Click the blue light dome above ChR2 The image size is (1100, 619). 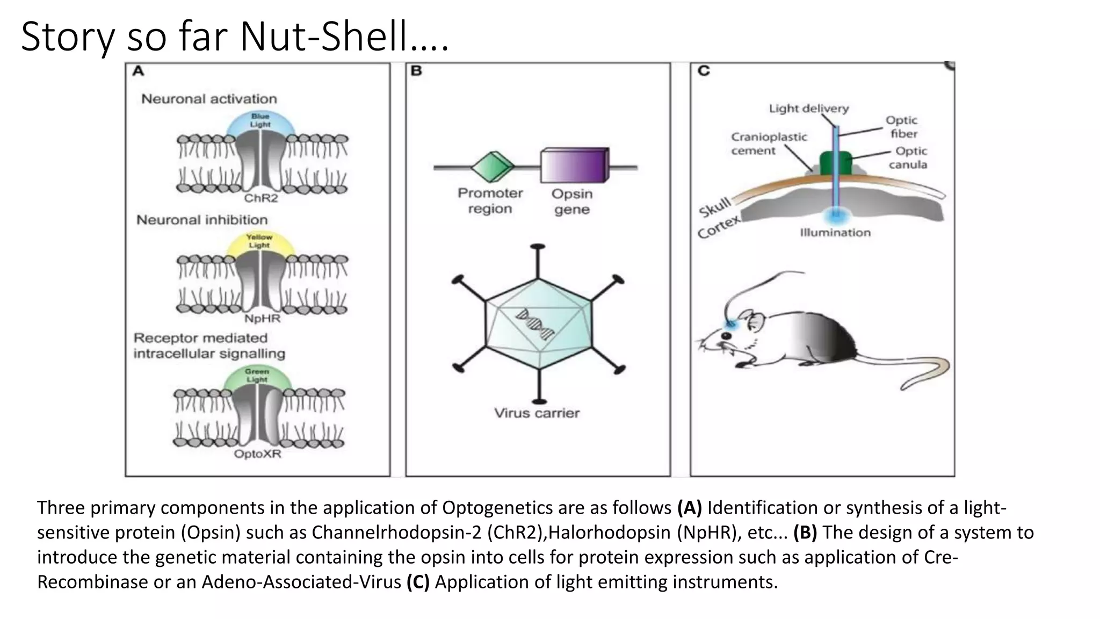coord(260,121)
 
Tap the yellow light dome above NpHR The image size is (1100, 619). coord(260,242)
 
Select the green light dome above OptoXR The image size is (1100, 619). coord(257,377)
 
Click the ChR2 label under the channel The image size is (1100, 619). coord(261,198)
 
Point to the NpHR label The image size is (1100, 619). coord(262,319)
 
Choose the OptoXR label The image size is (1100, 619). coord(257,454)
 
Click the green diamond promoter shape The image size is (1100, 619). coord(492,167)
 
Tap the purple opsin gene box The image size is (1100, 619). coord(574,167)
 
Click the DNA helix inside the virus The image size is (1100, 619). coord(535,325)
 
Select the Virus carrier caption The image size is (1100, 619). coord(537,413)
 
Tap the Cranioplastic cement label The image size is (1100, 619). coord(768,144)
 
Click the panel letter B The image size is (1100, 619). coord(416,71)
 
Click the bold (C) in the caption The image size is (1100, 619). coord(418,581)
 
